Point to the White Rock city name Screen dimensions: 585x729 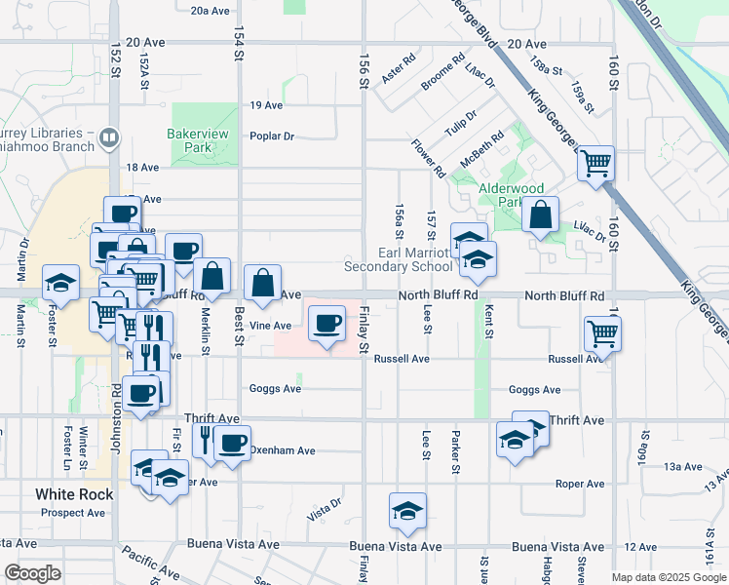click(74, 494)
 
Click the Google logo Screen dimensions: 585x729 click(32, 573)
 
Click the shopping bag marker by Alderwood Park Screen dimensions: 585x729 click(540, 215)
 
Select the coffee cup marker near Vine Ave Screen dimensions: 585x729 click(327, 323)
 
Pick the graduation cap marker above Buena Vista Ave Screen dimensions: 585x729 click(407, 511)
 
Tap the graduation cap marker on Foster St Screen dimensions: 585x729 click(60, 284)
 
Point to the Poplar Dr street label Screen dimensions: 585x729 click(272, 136)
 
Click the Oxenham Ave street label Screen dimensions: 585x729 click(283, 451)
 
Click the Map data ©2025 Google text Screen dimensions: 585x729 click(668, 577)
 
